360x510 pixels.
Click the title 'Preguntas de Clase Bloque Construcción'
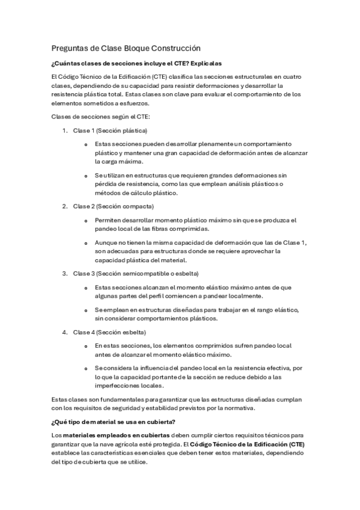click(x=126, y=48)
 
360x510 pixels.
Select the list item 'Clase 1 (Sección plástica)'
click(x=110, y=131)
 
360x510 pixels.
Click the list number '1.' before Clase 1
click(x=66, y=131)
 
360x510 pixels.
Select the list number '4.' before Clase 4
click(x=66, y=332)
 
